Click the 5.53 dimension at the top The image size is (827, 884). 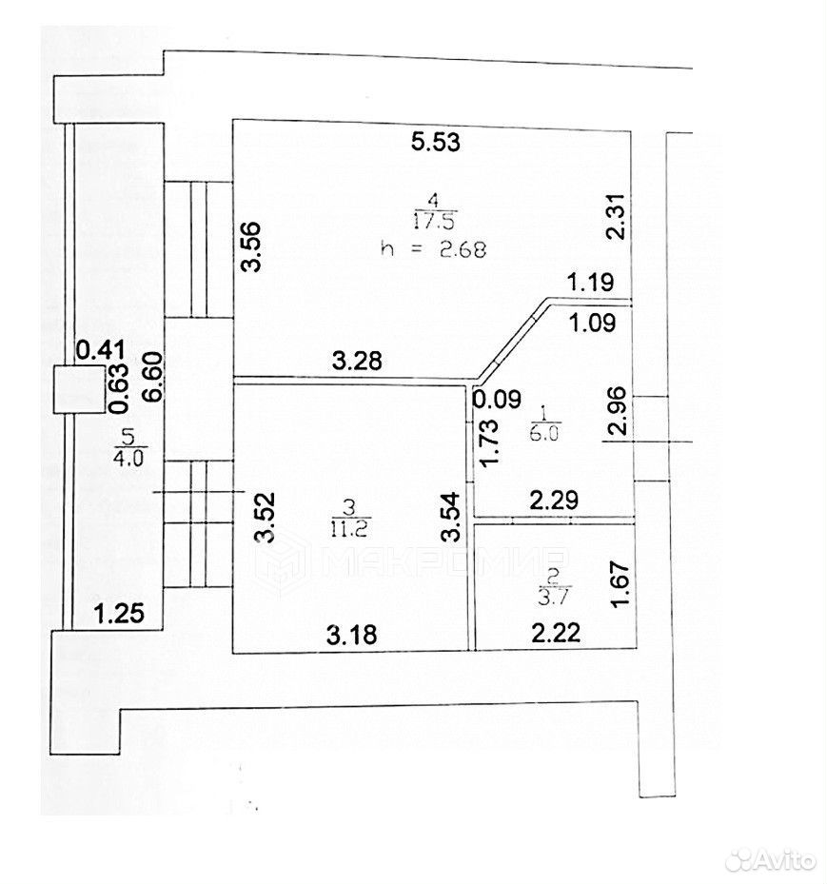coord(435,142)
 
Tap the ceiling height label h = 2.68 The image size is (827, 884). coord(433,248)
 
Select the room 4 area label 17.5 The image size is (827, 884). coord(434,221)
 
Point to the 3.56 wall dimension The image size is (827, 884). coord(252,247)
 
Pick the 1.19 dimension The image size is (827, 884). coord(590,282)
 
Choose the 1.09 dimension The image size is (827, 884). coord(592,323)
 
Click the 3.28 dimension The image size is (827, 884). coord(357,361)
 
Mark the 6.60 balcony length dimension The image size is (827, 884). coord(153,377)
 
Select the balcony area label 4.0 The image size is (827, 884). coord(128,457)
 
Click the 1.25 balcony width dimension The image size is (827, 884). coord(119,614)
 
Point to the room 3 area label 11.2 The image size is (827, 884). coord(349,529)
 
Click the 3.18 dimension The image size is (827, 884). coord(352,636)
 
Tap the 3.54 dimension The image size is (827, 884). coord(451,518)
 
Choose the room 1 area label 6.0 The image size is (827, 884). coord(543,433)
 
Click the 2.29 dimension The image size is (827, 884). coord(554,501)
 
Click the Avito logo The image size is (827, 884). coord(770,860)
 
